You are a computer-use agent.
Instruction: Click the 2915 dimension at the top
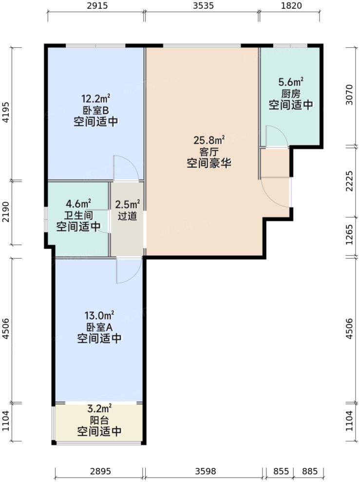(x=96, y=6)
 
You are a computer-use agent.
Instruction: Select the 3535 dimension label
(x=202, y=6)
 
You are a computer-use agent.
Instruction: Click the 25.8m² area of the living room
(x=209, y=141)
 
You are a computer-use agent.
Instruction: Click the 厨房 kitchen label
(x=290, y=94)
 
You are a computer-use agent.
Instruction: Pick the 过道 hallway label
(x=127, y=215)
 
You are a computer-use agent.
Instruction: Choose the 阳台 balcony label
(x=99, y=420)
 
